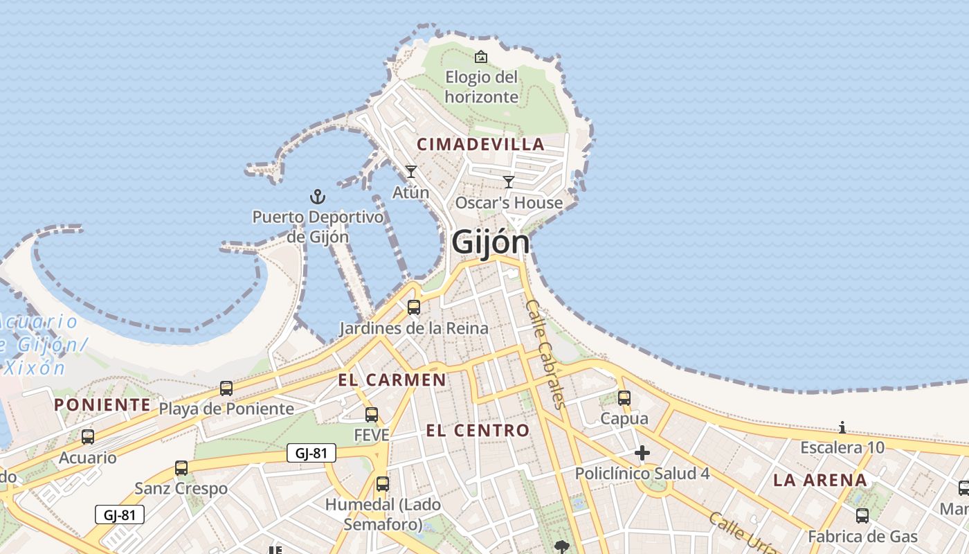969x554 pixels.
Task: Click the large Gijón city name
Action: [x=490, y=242]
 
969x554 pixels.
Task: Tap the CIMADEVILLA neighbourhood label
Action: [x=480, y=144]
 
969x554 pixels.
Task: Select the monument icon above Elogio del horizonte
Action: [x=480, y=57]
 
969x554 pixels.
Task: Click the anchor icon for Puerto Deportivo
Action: [x=317, y=197]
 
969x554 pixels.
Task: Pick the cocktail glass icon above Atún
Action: [x=411, y=171]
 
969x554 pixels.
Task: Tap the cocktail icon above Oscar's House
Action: [x=509, y=182]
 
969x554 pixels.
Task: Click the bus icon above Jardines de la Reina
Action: [x=414, y=307]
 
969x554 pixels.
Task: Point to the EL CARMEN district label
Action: [x=392, y=379]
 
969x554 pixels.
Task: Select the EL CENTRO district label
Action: [x=478, y=430]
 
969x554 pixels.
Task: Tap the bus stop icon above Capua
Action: [x=624, y=397]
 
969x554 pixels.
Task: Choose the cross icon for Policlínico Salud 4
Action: [x=642, y=454]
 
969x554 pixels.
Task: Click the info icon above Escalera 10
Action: [x=842, y=427]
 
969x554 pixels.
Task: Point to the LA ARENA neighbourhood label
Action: [x=819, y=480]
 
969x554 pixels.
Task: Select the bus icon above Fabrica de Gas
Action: [x=862, y=515]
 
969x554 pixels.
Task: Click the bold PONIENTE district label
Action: [x=102, y=404]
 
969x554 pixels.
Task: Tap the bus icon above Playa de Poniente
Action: [x=226, y=388]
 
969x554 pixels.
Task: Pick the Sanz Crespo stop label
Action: [x=181, y=488]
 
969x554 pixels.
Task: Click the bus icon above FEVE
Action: [x=372, y=415]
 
